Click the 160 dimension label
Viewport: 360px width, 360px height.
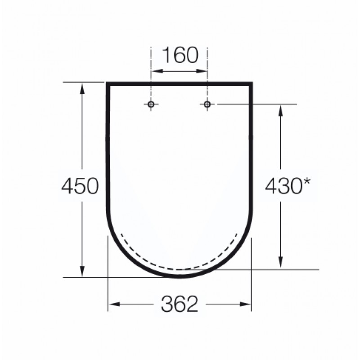pos(180,55)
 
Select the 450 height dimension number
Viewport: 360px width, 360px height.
pos(80,186)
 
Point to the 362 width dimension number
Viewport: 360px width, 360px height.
pos(180,304)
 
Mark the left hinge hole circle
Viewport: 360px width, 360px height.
pos(151,104)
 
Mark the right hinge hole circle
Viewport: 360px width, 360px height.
pos(207,104)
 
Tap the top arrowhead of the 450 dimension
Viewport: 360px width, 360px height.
pos(82,88)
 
